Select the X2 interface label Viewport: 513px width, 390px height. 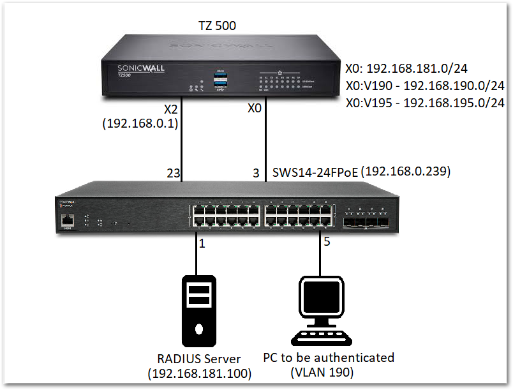(172, 109)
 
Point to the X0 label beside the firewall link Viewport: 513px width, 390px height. (255, 109)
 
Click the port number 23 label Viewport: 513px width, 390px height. (173, 172)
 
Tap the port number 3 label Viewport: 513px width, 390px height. (256, 172)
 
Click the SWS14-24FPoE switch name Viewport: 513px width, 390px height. (315, 171)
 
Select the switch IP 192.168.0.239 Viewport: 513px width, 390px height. (406, 171)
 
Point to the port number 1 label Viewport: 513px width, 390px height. (202, 243)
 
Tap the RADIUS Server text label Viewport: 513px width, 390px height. (199, 358)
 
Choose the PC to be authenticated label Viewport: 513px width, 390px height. (329, 357)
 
